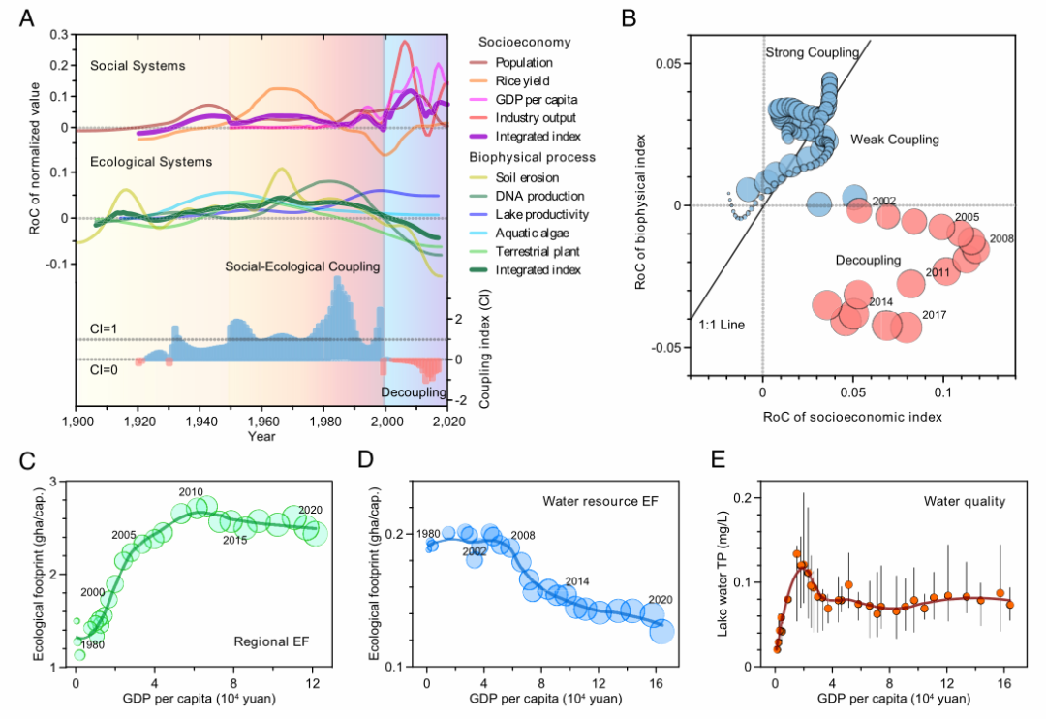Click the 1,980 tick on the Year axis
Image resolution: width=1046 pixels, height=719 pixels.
pyautogui.click(x=323, y=422)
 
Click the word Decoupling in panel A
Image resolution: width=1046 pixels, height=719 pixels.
pyautogui.click(x=414, y=392)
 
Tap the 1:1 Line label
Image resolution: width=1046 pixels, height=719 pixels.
pyautogui.click(x=723, y=325)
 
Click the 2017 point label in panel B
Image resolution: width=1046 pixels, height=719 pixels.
pyautogui.click(x=935, y=315)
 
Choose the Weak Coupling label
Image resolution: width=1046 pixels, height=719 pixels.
pyautogui.click(x=895, y=140)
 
